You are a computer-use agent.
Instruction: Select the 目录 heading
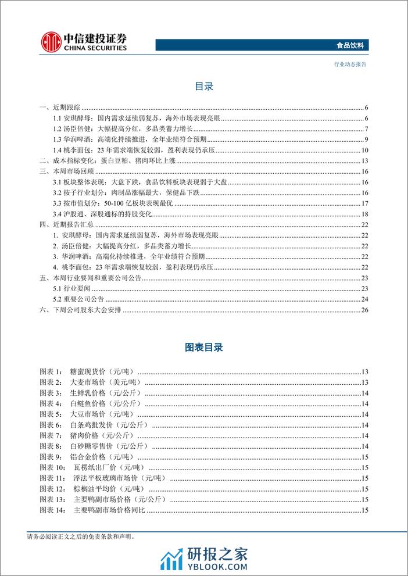point(204,87)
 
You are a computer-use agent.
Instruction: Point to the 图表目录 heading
point(204,348)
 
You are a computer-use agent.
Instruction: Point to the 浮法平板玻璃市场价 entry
point(120,478)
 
